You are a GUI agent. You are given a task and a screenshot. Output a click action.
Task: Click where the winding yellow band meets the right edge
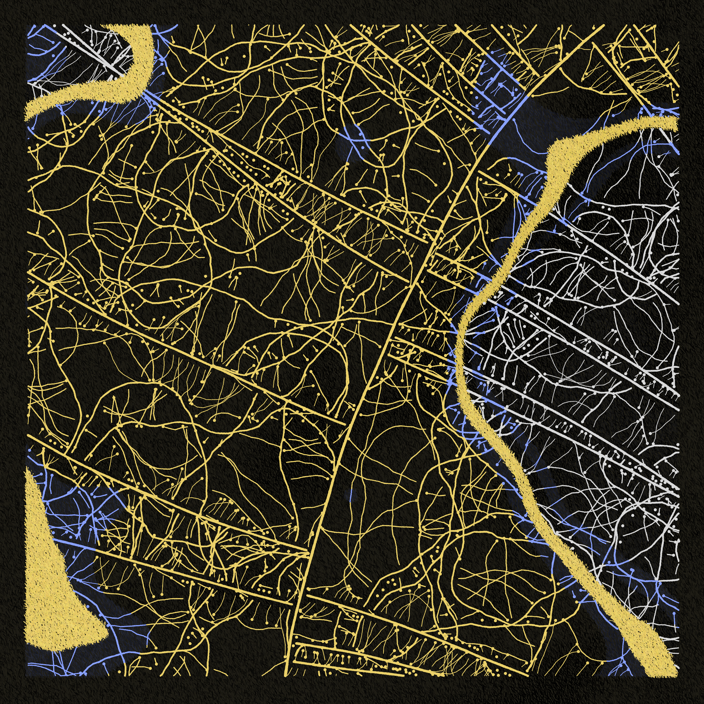pos(676,122)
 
